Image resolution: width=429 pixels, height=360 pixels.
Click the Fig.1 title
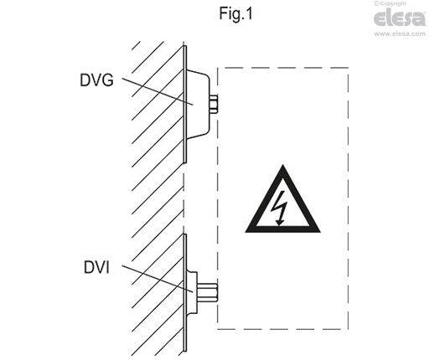coord(235,13)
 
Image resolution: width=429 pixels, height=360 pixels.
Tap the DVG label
coord(96,80)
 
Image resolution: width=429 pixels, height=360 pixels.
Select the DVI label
coord(96,267)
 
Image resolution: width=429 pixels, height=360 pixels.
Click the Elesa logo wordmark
coord(400,18)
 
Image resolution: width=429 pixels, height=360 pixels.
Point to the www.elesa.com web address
coord(400,33)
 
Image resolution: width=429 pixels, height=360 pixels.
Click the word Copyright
coord(392,3)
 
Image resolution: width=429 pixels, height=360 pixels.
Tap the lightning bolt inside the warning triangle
coord(281,208)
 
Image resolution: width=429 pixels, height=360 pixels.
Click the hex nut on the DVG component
coord(214,104)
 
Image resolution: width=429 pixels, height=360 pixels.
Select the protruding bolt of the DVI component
coord(207,292)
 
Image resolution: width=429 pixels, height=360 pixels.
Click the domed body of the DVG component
coord(198,104)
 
